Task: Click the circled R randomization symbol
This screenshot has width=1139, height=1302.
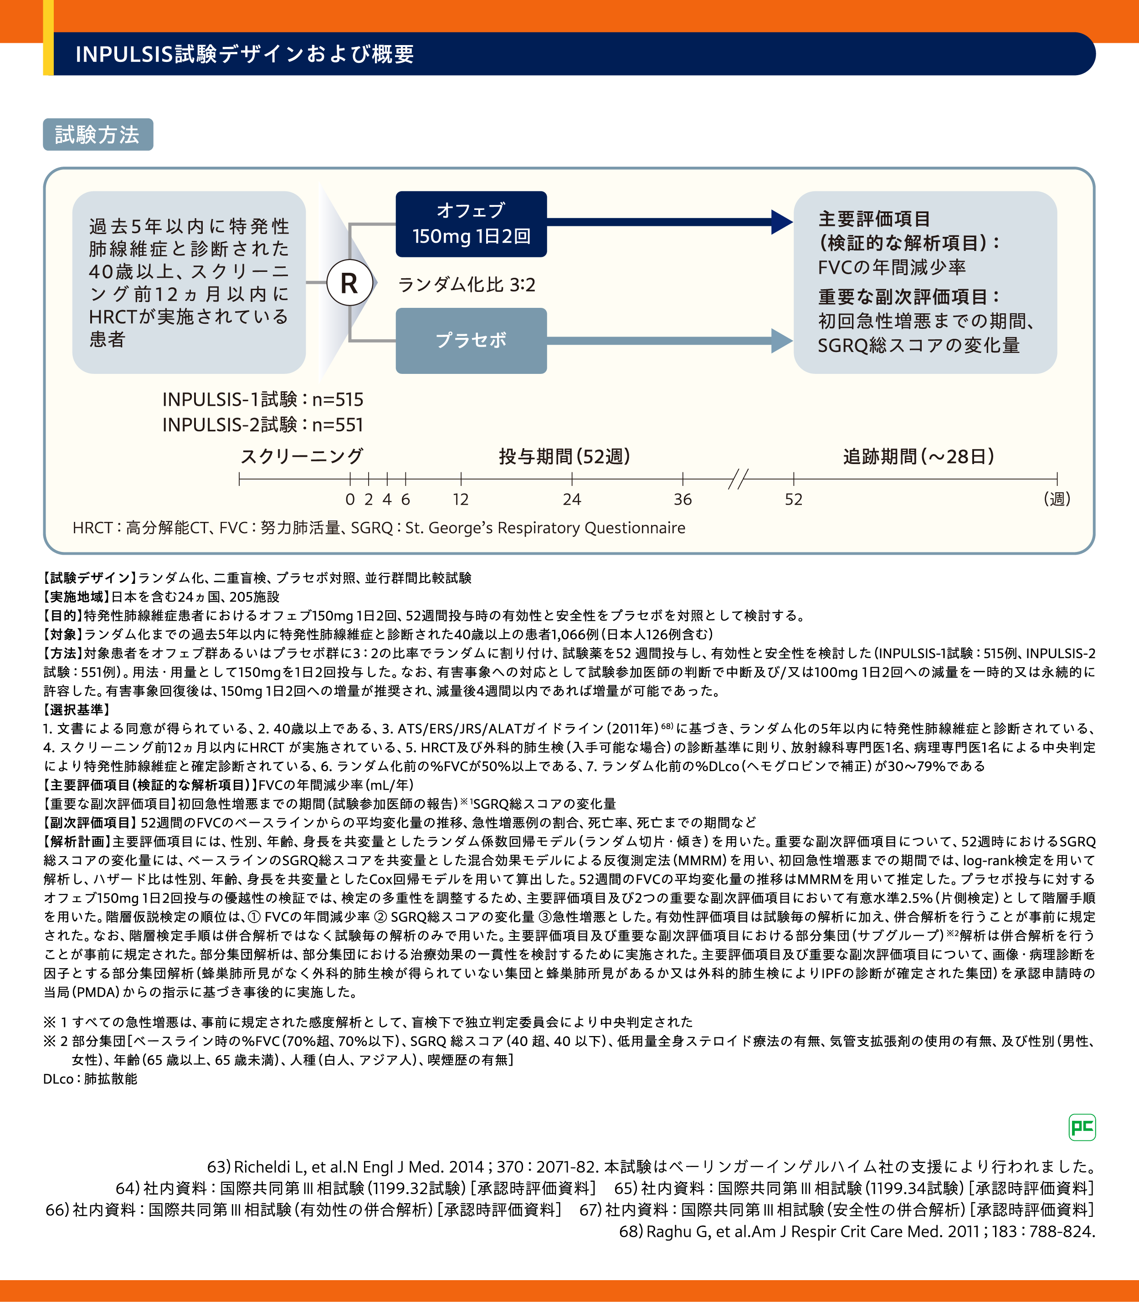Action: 349,283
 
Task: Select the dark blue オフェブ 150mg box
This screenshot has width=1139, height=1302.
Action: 471,224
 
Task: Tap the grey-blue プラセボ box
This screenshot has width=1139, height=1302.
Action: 471,341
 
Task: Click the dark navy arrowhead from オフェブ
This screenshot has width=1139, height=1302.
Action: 781,222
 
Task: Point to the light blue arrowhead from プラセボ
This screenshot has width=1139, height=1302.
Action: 781,341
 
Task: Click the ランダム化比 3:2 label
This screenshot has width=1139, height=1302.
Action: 467,285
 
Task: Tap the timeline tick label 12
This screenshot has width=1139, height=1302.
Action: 461,500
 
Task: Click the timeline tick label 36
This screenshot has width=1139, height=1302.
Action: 682,500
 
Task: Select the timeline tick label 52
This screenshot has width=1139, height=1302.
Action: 793,500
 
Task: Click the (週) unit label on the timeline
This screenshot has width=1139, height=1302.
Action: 1057,499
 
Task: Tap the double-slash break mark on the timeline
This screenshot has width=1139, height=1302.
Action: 738,479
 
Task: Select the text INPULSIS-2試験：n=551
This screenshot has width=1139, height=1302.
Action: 262,424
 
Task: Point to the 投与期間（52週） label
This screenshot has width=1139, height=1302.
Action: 564,456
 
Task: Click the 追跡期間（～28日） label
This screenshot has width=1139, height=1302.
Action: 918,456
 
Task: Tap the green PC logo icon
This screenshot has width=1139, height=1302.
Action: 1082,1127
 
